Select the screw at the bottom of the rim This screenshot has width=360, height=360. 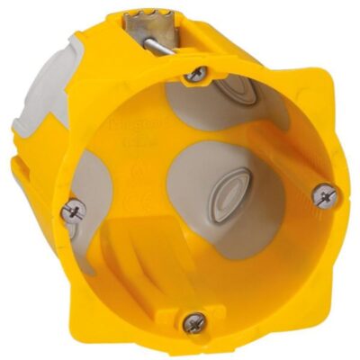point(193,321)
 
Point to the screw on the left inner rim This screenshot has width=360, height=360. point(73,211)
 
